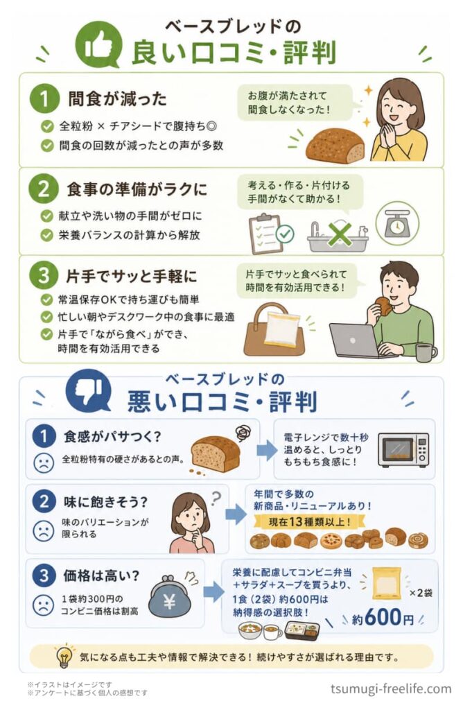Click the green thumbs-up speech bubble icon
(98, 45)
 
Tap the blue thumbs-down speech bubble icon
(88, 390)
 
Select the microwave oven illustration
(403, 449)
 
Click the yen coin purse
(170, 596)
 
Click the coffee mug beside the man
(426, 352)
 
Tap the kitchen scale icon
(397, 223)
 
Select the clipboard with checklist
(267, 234)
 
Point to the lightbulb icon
(64, 656)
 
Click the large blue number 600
(383, 616)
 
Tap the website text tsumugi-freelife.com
(391, 689)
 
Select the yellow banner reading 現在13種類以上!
(310, 522)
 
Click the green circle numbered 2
(44, 189)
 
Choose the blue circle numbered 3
(44, 575)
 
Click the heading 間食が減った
(117, 98)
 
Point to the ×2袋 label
(421, 593)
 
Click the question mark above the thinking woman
(216, 499)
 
